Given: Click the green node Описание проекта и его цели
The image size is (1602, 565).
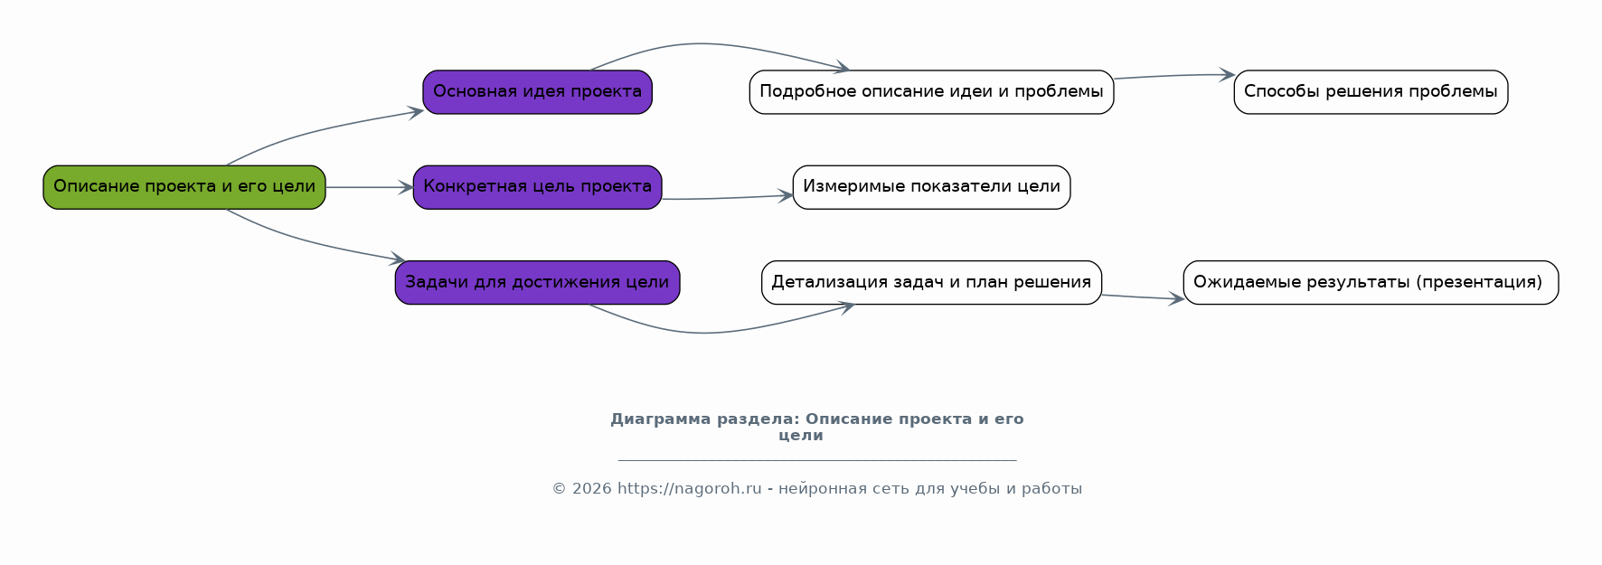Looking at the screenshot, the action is tap(184, 187).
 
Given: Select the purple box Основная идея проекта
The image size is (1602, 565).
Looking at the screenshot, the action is tap(537, 92).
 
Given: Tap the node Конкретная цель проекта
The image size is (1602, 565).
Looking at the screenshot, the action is tap(537, 187).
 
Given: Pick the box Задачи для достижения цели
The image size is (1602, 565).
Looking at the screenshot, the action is tap(537, 283).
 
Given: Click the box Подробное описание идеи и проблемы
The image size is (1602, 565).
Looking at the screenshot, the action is tap(931, 92).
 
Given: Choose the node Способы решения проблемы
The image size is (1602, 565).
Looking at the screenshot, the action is tap(1371, 92).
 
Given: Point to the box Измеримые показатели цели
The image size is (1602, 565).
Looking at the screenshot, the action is tap(931, 187).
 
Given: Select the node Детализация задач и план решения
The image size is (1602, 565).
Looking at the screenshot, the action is tap(931, 283).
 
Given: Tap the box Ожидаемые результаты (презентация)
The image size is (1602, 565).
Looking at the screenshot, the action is tap(1371, 283).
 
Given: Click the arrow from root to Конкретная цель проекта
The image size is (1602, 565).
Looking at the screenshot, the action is tap(369, 187).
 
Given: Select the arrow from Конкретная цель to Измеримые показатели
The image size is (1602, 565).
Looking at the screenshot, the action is tap(728, 198).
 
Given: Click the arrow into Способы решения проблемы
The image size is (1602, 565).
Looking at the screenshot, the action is tap(1173, 76).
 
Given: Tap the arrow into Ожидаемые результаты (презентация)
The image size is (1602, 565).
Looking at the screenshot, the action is tap(1143, 297).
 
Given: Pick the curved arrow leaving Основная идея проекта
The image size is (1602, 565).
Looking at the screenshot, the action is tap(714, 44).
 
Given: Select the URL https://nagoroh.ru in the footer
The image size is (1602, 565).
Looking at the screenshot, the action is tap(690, 489).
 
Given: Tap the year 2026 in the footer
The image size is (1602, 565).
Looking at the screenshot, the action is tap(592, 489).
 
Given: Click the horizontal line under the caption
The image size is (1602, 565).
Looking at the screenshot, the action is tap(817, 460).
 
